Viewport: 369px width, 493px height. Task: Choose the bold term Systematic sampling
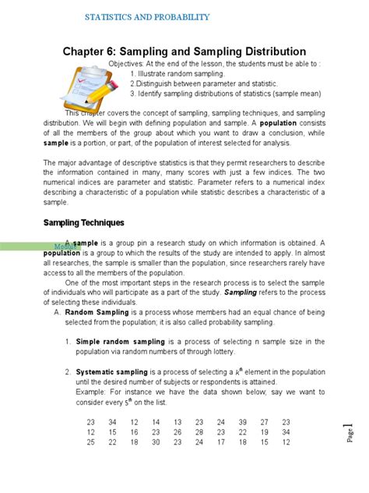pos(120,372)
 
